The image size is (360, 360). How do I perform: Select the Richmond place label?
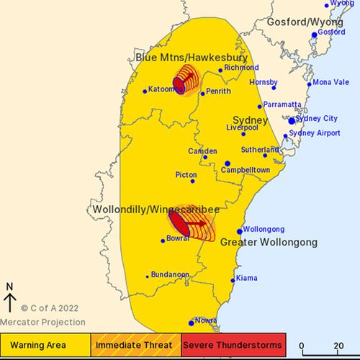click(240, 68)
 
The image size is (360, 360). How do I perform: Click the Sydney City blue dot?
click(292, 121)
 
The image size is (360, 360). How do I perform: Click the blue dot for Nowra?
click(191, 323)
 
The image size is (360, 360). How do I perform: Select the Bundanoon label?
click(171, 274)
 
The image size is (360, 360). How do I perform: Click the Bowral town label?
click(179, 239)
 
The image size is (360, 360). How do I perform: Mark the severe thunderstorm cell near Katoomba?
click(179, 84)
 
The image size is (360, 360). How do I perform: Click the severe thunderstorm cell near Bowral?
click(180, 222)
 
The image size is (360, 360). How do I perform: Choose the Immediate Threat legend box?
click(135, 344)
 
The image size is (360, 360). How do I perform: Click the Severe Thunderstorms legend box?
click(233, 344)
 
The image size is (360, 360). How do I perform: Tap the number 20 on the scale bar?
click(338, 345)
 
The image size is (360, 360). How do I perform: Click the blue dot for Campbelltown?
click(227, 163)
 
